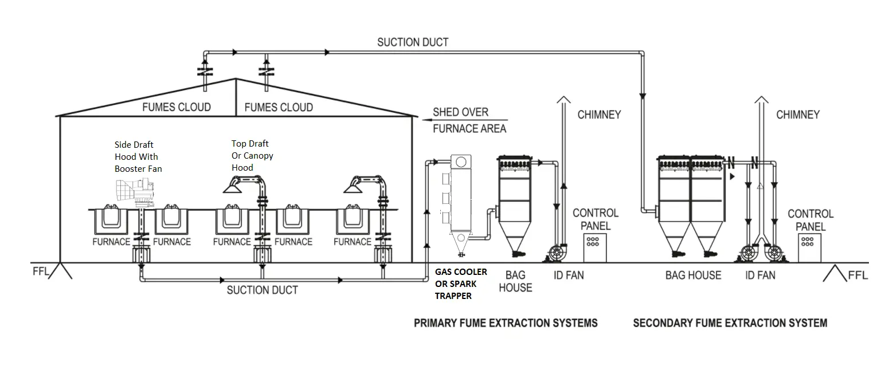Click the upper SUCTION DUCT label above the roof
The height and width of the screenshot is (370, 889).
[x=413, y=42]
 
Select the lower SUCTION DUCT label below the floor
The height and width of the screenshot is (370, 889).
[x=262, y=290]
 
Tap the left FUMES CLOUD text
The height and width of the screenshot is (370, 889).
[x=176, y=107]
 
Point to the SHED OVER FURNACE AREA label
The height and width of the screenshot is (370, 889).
[x=469, y=120]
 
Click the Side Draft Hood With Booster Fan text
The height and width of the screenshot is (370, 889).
[x=138, y=156]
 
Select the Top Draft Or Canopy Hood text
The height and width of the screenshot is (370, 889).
[x=252, y=155]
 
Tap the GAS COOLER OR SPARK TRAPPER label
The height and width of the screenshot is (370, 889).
[x=461, y=284]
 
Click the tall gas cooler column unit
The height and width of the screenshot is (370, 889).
[x=460, y=195]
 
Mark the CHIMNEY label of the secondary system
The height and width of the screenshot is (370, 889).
[x=797, y=115]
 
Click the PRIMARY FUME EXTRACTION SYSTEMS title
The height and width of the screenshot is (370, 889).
[x=506, y=323]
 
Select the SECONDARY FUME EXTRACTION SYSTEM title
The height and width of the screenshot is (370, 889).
[x=730, y=323]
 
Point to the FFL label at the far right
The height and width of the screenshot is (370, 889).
[x=857, y=275]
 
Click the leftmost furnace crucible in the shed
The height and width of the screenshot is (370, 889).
[x=112, y=219]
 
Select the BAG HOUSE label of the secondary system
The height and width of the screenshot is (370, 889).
[x=693, y=275]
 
